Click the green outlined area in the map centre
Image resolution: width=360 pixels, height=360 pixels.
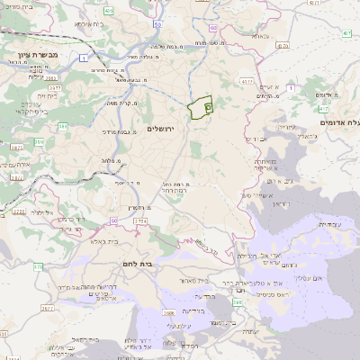coord(200,107)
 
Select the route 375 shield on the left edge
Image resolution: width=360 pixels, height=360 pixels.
coord(5,216)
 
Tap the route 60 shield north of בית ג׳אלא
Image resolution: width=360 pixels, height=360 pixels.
coord(114,220)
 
